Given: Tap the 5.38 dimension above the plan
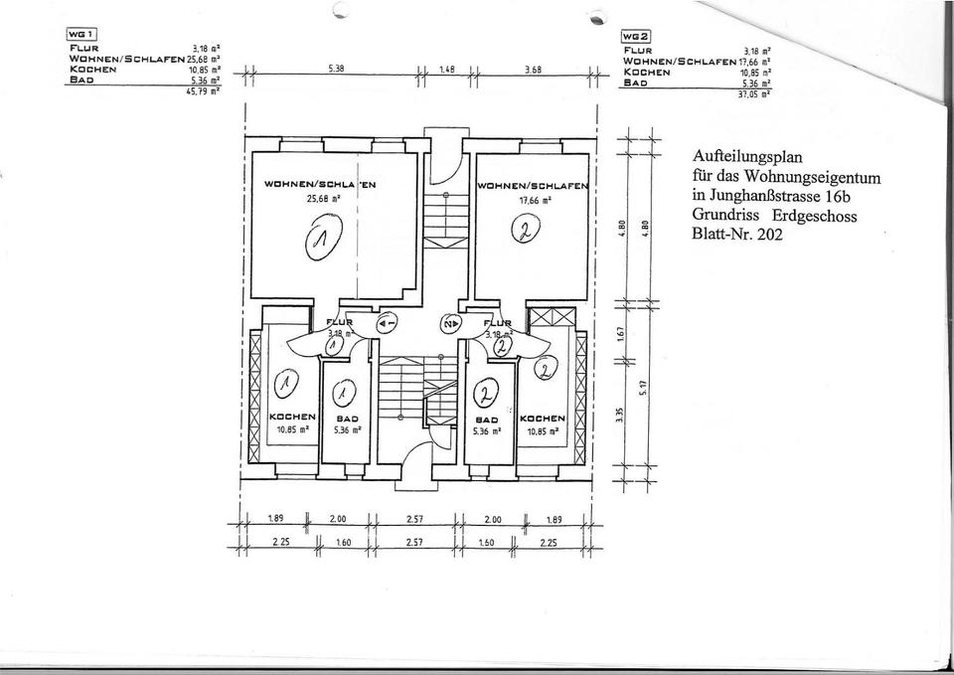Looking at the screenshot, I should [x=336, y=70].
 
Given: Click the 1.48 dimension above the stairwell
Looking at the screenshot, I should [x=446, y=71].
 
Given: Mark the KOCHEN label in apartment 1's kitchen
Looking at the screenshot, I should [x=293, y=418].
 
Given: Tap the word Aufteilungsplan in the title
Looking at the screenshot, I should [x=746, y=155].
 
